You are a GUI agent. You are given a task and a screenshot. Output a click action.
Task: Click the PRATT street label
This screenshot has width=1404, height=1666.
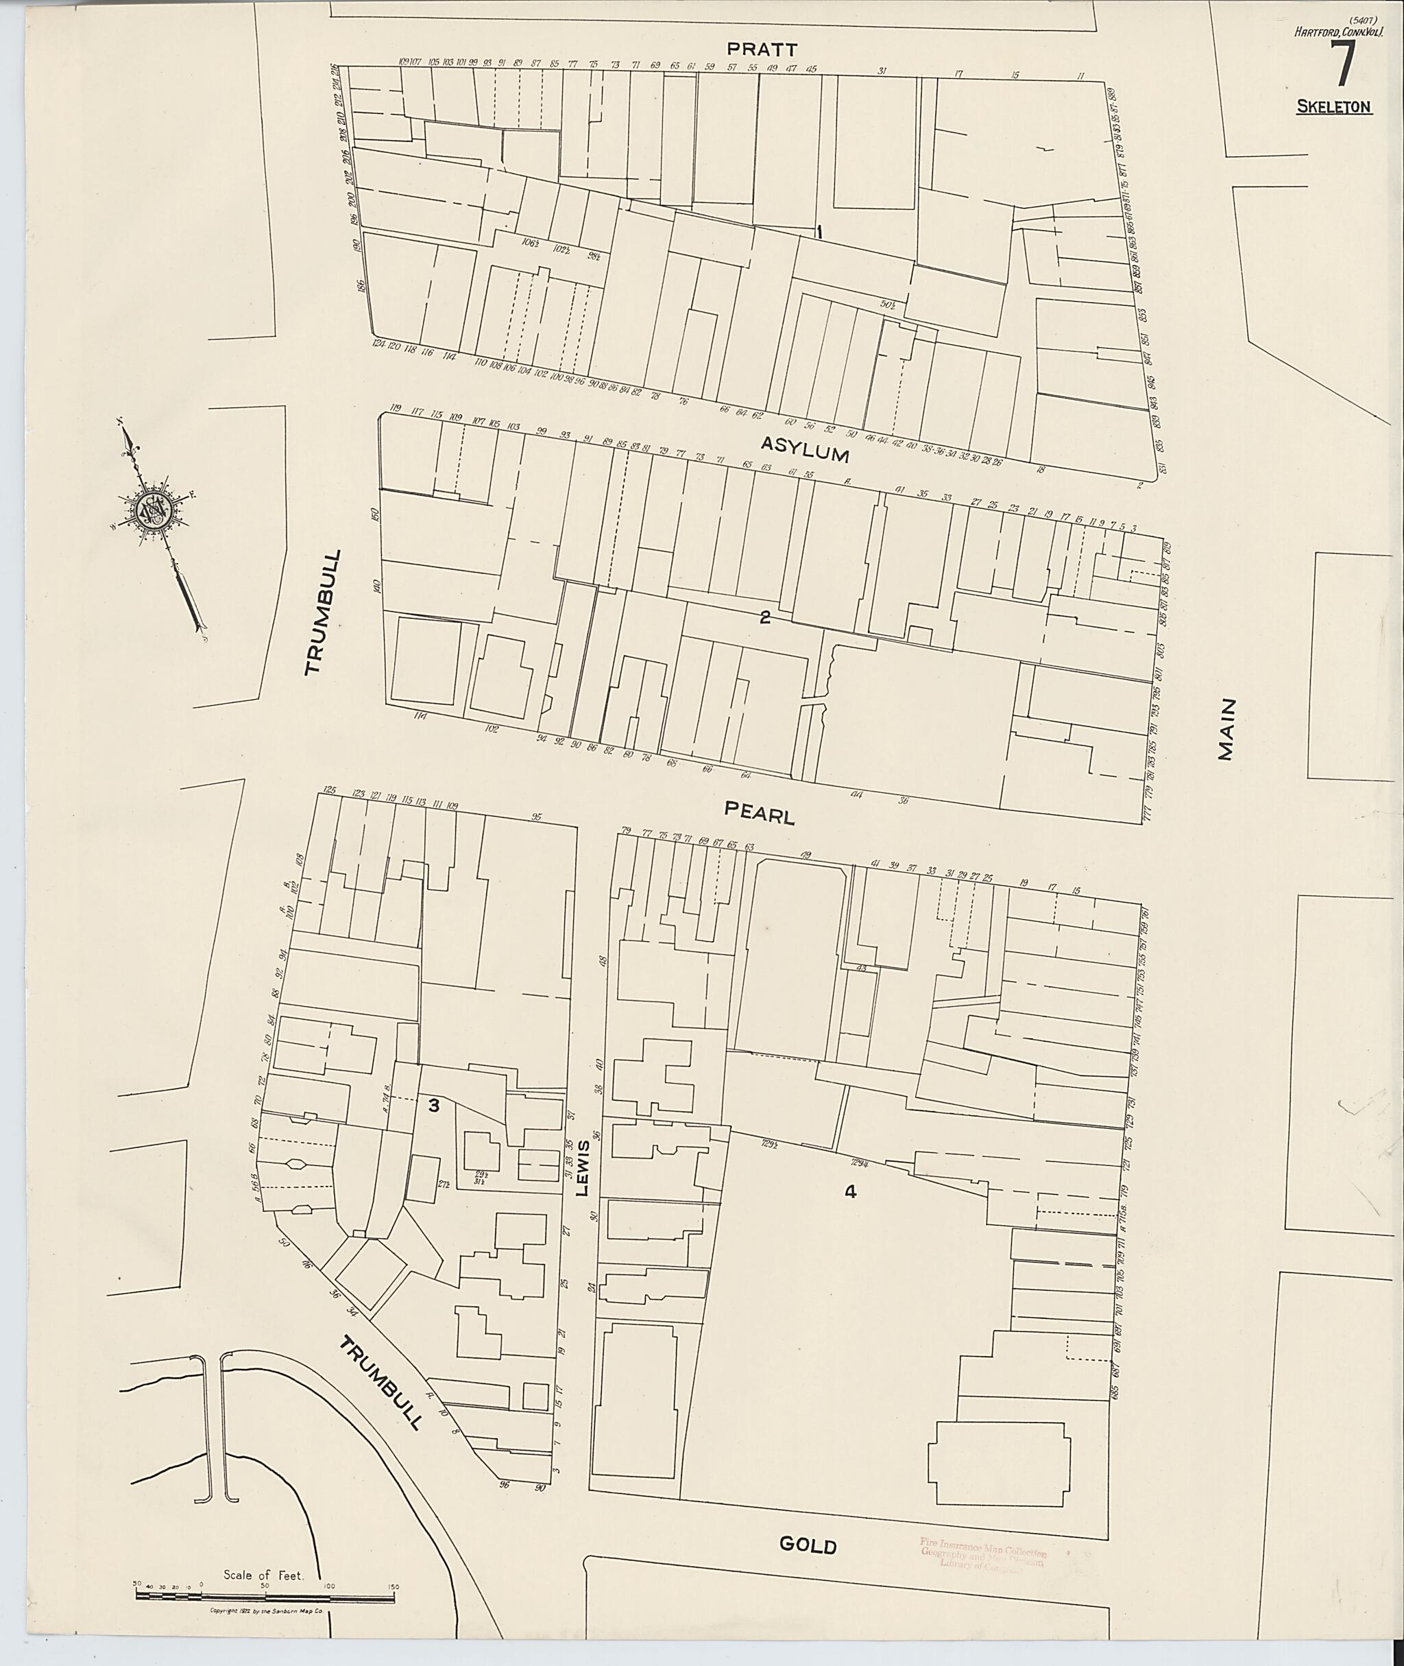[x=762, y=49]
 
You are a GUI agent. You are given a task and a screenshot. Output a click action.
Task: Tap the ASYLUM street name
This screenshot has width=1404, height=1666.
[x=805, y=449]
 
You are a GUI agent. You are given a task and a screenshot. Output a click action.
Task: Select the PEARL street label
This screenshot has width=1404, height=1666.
[x=760, y=813]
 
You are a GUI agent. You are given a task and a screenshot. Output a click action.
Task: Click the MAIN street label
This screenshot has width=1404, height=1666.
[x=1226, y=730]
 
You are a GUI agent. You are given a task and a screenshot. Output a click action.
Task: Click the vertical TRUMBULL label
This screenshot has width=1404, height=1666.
[x=322, y=612]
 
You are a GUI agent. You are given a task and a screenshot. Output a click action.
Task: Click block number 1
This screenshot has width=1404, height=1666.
[x=819, y=233]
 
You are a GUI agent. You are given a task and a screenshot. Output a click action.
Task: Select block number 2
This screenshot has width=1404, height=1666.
[x=765, y=617]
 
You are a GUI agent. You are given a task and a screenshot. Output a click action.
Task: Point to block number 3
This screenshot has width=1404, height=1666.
[x=434, y=1106]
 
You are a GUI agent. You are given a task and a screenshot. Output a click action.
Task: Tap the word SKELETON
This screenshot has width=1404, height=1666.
[x=1334, y=108]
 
